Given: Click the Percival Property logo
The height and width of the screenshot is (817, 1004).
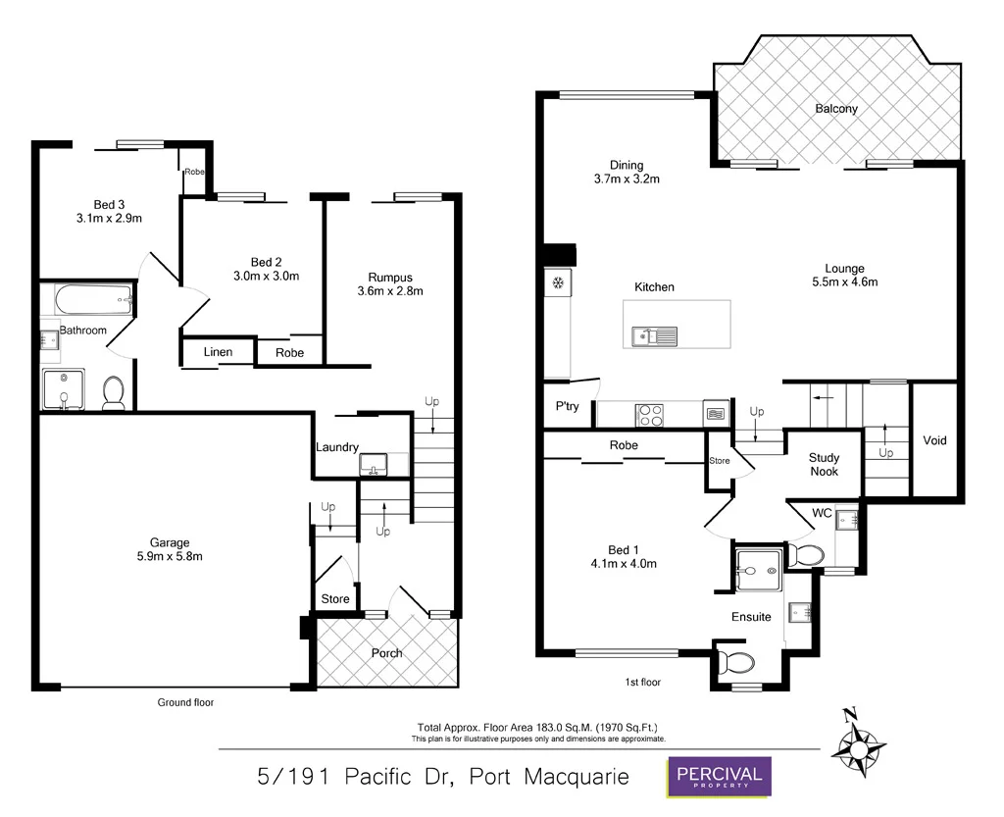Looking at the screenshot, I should [x=719, y=776].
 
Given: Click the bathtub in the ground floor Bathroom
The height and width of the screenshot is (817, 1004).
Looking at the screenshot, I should [x=89, y=299].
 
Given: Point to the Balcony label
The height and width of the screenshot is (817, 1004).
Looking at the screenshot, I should [x=836, y=109].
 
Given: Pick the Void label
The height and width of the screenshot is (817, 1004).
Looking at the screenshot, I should [x=934, y=440].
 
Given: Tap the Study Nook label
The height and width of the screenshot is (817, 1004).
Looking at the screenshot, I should [x=824, y=464].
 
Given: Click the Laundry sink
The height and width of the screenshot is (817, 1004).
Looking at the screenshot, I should [x=374, y=465].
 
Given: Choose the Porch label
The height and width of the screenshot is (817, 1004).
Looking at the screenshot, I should [x=386, y=653].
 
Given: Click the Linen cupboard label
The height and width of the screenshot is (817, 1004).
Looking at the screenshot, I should [x=218, y=352].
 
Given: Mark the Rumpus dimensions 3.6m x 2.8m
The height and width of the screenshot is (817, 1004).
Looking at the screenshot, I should [x=389, y=291].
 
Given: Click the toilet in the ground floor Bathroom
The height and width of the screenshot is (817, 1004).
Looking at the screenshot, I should [x=114, y=392].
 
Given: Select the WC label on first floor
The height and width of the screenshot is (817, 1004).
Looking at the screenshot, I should [x=822, y=513].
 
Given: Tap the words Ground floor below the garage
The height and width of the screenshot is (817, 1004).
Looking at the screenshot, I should [x=185, y=702].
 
